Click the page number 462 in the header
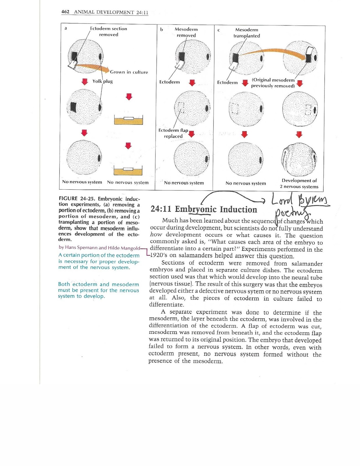coord(65,12)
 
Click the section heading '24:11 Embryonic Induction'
coord(204,209)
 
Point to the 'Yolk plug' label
coord(102,81)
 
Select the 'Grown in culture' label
coord(129,72)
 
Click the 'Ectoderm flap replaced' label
coord(173,133)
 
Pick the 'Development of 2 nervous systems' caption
coord(299,183)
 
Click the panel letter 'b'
coord(162,29)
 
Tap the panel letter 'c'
coord(219,30)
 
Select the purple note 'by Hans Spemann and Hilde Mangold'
coord(99,248)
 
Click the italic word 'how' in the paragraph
coord(156,235)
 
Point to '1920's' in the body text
coord(159,256)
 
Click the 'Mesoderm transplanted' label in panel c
coord(246,33)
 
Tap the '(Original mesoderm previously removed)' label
coord(273,83)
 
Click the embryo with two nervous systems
coord(299,159)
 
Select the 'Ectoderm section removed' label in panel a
coord(109,31)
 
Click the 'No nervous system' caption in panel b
coord(184,183)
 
